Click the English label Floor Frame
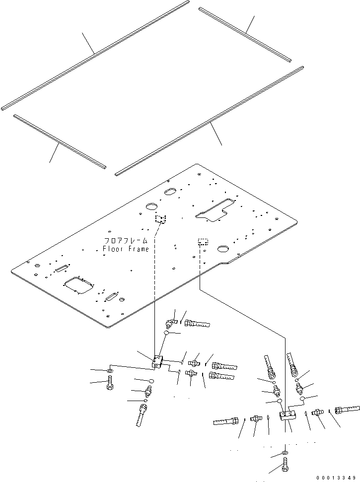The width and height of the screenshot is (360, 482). click(x=126, y=249)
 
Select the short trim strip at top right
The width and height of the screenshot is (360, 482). click(x=244, y=34)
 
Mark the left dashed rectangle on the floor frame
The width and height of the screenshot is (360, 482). click(x=160, y=219)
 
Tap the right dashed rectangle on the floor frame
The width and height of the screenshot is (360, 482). click(x=203, y=242)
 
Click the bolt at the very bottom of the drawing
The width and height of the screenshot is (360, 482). click(x=284, y=468)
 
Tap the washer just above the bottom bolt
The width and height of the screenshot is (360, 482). click(x=284, y=453)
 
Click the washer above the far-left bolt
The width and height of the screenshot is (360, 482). click(x=109, y=371)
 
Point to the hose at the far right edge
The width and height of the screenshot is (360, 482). click(x=348, y=410)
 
